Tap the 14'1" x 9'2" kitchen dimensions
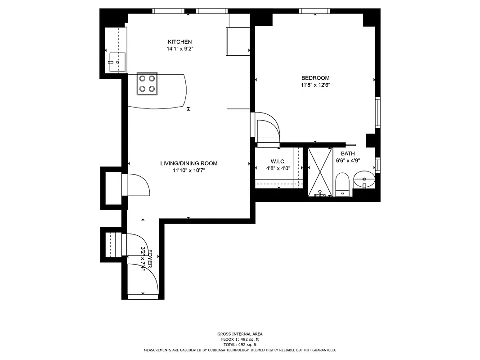[x=180, y=48]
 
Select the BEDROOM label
[x=315, y=78]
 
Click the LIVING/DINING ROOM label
[x=188, y=163]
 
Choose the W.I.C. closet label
[x=278, y=162]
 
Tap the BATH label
[x=348, y=153]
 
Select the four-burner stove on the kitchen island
[x=148, y=84]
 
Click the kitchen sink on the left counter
[x=117, y=62]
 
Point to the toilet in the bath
[x=342, y=184]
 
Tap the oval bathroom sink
[x=363, y=180]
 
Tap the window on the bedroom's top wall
[x=315, y=11]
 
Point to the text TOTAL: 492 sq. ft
[x=239, y=344]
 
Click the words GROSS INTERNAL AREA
[x=239, y=334]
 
